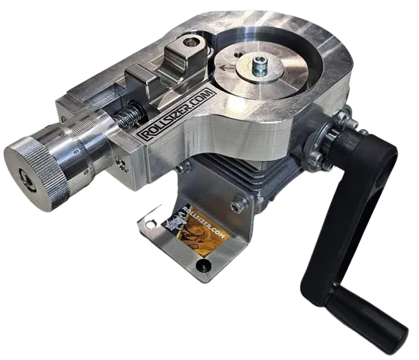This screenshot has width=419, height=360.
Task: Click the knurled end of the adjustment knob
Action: coord(36,173)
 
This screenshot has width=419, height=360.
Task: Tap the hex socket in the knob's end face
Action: coord(26,183)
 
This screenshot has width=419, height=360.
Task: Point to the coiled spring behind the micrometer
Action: coord(129,116)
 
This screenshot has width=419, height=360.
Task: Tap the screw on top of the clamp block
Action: coord(190,42)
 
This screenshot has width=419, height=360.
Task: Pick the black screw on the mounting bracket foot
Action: coord(204,266)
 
